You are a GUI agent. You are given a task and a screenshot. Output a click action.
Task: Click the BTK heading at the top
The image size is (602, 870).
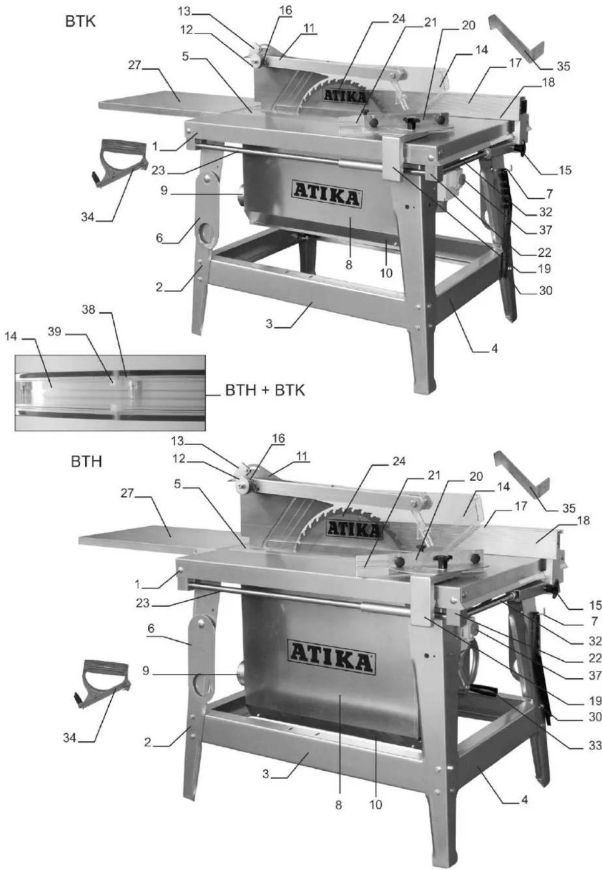[x=80, y=23]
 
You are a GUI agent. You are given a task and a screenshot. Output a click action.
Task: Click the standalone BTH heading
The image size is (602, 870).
[x=86, y=462]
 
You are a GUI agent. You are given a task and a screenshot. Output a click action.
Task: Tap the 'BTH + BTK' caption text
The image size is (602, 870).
[x=265, y=390]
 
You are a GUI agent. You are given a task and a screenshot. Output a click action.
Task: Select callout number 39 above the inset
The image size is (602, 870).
[x=55, y=332]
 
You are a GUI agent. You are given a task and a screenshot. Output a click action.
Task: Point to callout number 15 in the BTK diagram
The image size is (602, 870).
[x=565, y=170]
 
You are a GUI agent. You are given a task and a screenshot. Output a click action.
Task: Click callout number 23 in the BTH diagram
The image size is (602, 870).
[x=142, y=603]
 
